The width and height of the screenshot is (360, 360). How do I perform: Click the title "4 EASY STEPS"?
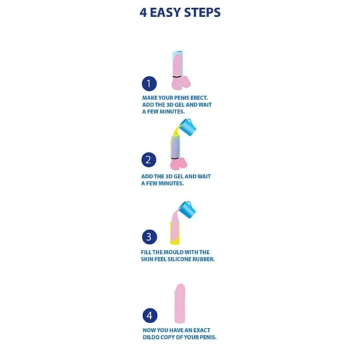click(x=180, y=13)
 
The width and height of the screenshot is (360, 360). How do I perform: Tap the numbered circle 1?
click(x=149, y=83)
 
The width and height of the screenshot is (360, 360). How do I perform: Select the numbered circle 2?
click(x=149, y=160)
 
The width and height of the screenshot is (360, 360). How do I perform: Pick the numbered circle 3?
click(x=149, y=237)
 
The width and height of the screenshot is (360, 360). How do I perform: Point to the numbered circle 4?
click(x=150, y=316)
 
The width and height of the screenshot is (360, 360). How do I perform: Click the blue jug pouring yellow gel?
click(x=188, y=127)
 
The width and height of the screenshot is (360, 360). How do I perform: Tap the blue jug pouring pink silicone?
click(x=187, y=209)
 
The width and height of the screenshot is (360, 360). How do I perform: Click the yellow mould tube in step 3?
click(x=175, y=233)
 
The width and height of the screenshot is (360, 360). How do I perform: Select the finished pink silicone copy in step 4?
click(x=180, y=303)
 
